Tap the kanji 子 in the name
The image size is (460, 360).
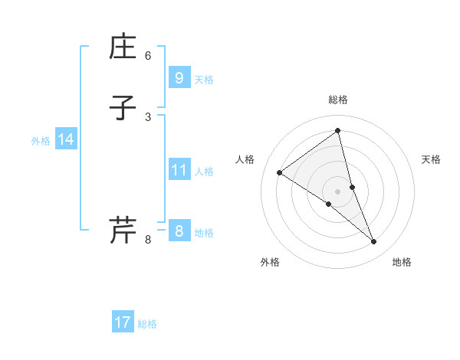pyautogui.click(x=123, y=110)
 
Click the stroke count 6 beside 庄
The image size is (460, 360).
pyautogui.click(x=148, y=55)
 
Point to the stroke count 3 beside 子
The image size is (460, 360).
pyautogui.click(x=148, y=116)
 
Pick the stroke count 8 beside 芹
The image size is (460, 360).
pyautogui.click(x=148, y=240)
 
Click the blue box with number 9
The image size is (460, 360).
pyautogui.click(x=179, y=78)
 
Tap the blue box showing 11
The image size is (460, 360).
pyautogui.click(x=179, y=170)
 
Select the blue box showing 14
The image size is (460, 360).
pyautogui.click(x=66, y=139)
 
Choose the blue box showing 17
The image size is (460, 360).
pyautogui.click(x=123, y=322)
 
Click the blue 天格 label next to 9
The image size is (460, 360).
pyautogui.click(x=204, y=80)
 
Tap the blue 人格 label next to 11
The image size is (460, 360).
pyautogui.click(x=204, y=172)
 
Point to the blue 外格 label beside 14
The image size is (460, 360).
pyautogui.click(x=41, y=141)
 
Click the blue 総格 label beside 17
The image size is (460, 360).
pyautogui.click(x=147, y=324)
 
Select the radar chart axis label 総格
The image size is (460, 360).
pyautogui.click(x=338, y=100)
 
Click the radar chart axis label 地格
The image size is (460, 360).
pyautogui.click(x=402, y=262)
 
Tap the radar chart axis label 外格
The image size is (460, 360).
pyautogui.click(x=270, y=262)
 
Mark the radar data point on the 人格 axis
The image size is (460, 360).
pyautogui.click(x=280, y=172)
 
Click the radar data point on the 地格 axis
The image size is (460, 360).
pyautogui.click(x=374, y=242)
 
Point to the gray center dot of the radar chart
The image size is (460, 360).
pyautogui.click(x=338, y=191)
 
